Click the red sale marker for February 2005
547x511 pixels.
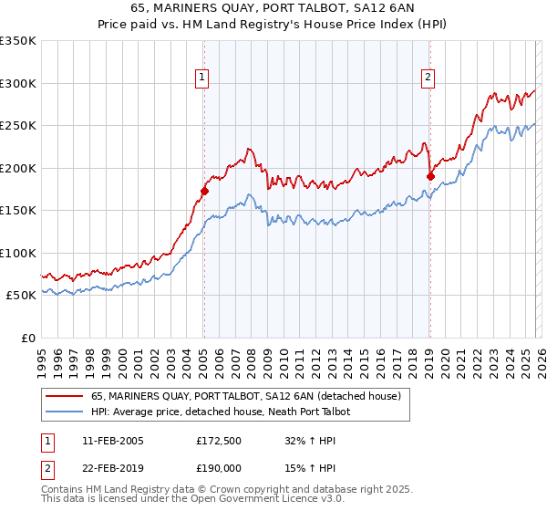(204, 192)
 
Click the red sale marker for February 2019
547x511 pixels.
(430, 177)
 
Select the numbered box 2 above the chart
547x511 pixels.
(428, 78)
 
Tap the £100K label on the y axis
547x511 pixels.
(18, 253)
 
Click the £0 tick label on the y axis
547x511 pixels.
(27, 338)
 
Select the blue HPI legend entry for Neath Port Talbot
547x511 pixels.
(220, 412)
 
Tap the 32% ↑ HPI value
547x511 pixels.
(311, 441)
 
